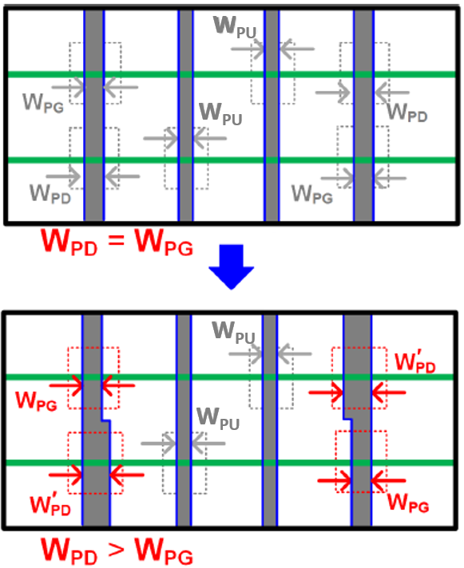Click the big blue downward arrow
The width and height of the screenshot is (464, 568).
[x=232, y=267]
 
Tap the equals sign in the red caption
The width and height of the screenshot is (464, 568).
[x=116, y=240]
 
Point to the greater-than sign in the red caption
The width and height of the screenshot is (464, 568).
[x=116, y=550]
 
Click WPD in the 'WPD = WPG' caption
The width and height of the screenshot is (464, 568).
[x=69, y=242]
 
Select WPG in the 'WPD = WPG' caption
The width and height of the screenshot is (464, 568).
[x=164, y=242]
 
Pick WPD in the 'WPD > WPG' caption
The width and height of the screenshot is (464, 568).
[x=69, y=551]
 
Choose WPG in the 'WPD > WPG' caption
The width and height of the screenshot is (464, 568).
[x=164, y=551]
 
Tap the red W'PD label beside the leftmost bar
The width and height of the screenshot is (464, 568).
[x=50, y=504]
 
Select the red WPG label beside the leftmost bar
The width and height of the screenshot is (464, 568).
[x=36, y=401]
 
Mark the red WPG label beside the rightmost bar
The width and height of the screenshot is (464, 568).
[x=408, y=503]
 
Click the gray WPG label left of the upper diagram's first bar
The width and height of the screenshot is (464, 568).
[x=43, y=103]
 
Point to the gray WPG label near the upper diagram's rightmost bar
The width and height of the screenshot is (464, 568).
[x=312, y=194]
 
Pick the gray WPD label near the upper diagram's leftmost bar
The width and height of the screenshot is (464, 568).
[x=50, y=194]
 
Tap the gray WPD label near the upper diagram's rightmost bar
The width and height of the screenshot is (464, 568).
[x=407, y=112]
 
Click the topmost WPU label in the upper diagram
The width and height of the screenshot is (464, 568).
[x=235, y=27]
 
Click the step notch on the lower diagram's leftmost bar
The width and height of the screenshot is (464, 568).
[x=106, y=420]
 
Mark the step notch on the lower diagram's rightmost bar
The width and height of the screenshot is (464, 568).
[x=347, y=419]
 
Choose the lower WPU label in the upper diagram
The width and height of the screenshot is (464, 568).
[x=220, y=114]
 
